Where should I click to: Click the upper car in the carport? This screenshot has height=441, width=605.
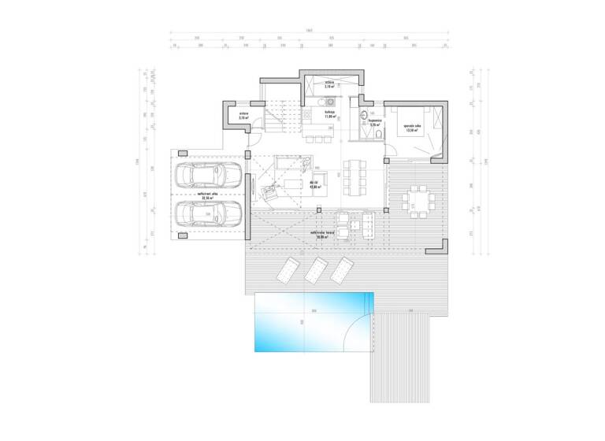(x=206, y=176)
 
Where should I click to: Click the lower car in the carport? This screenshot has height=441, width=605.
(x=206, y=213)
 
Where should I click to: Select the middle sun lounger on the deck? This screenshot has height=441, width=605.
(x=316, y=269)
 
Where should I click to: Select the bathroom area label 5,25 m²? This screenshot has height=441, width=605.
(x=363, y=124)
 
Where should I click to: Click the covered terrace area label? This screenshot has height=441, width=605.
(x=318, y=235)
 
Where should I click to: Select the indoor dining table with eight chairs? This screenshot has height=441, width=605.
(x=354, y=174)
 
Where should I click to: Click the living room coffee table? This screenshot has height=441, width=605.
(x=292, y=184)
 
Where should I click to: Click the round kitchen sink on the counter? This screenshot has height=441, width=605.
(x=330, y=102)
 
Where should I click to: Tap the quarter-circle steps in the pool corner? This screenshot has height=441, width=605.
(x=362, y=332)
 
